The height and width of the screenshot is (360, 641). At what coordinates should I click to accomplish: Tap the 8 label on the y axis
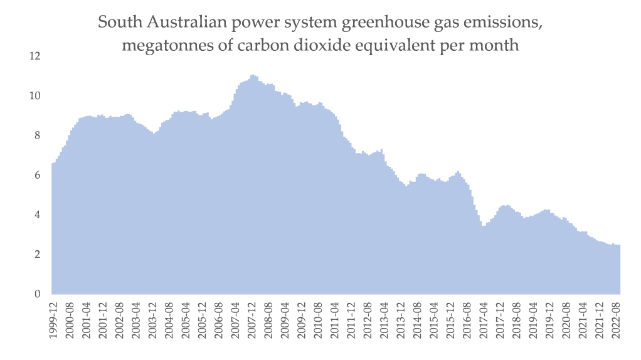37,135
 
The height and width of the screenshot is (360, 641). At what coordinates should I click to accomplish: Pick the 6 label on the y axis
37,175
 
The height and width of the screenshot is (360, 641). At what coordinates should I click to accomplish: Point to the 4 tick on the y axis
37,214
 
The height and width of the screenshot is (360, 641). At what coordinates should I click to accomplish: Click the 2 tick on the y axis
37,254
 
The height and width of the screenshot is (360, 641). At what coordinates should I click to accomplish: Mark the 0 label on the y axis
37,294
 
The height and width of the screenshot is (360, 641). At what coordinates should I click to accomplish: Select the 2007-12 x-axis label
253,320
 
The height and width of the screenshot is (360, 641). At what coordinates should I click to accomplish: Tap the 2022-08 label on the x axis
617,320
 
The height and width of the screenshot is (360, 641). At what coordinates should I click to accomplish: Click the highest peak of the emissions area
253,75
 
